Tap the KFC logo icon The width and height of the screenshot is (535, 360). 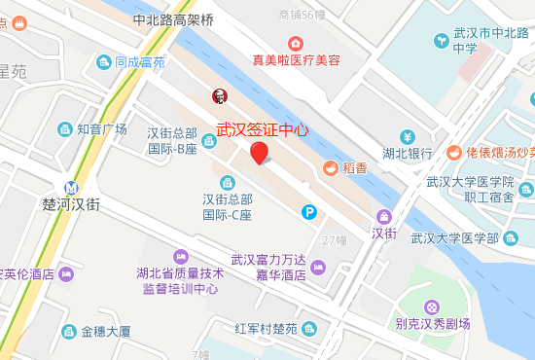click(220, 95)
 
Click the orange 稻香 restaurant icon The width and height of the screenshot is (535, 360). click(330, 167)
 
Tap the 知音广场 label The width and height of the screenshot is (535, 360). click(102, 128)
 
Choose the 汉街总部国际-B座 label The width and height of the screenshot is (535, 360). click(172, 140)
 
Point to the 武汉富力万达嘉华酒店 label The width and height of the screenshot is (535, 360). click(268, 267)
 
